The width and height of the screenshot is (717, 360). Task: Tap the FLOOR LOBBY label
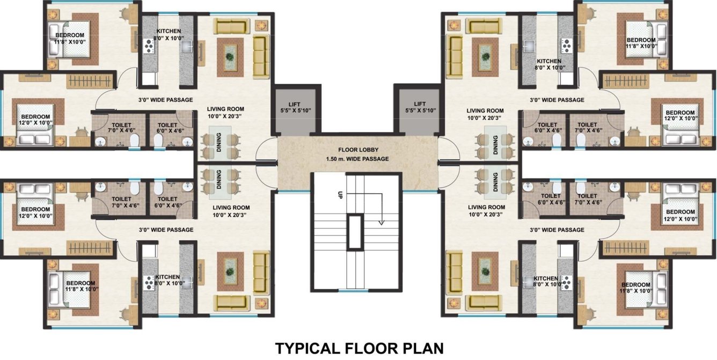[358, 150]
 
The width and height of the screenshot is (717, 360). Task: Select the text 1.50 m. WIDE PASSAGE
[358, 159]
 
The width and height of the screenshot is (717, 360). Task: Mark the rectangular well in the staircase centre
[355, 232]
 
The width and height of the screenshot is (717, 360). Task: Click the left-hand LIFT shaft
[297, 110]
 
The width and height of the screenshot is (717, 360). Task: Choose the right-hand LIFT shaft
[419, 110]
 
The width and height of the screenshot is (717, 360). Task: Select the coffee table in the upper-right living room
[485, 52]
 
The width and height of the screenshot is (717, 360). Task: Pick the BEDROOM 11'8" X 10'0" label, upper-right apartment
[641, 43]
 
